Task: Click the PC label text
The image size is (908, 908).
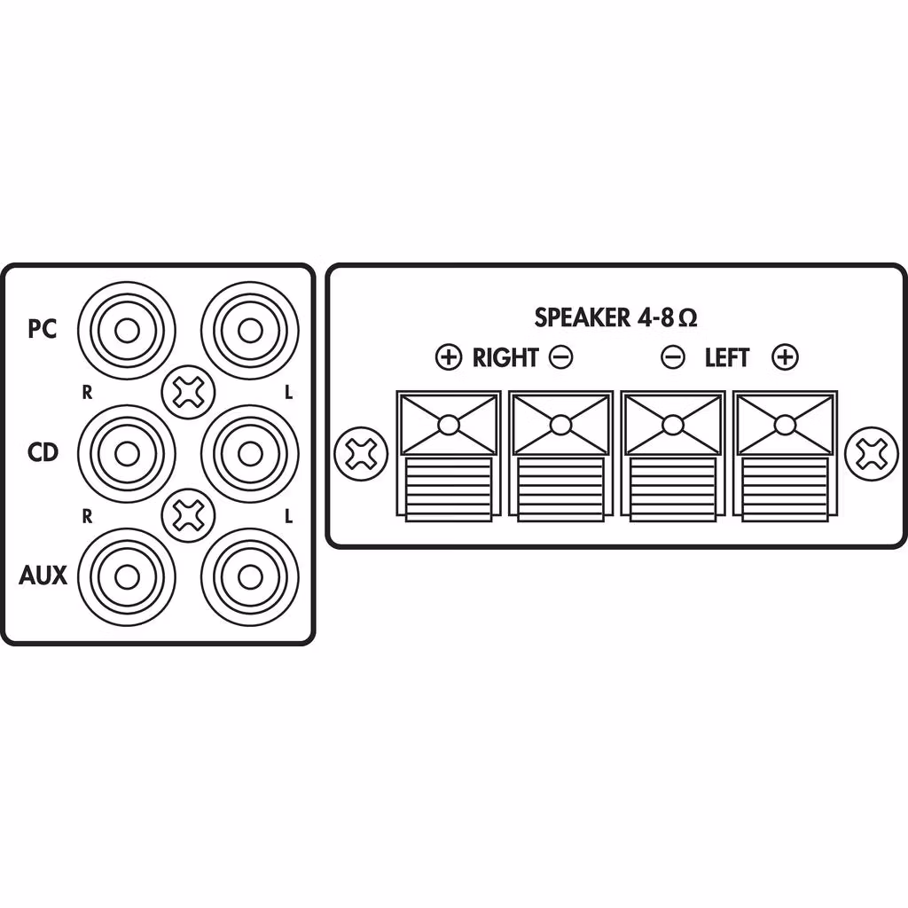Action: pyautogui.click(x=43, y=329)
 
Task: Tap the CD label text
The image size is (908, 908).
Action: pyautogui.click(x=43, y=452)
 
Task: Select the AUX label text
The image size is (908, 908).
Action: pyautogui.click(x=43, y=575)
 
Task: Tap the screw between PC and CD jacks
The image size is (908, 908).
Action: pyautogui.click(x=188, y=392)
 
